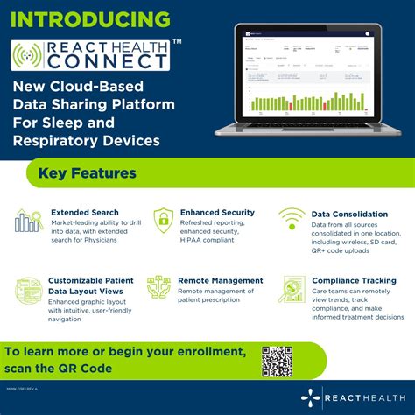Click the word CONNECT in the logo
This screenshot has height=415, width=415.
(107, 62)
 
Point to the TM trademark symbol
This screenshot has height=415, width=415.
(178, 41)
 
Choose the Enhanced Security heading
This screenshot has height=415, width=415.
(217, 212)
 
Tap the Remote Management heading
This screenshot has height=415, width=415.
(220, 280)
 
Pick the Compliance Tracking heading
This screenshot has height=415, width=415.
(354, 280)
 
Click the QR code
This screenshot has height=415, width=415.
(277, 362)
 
